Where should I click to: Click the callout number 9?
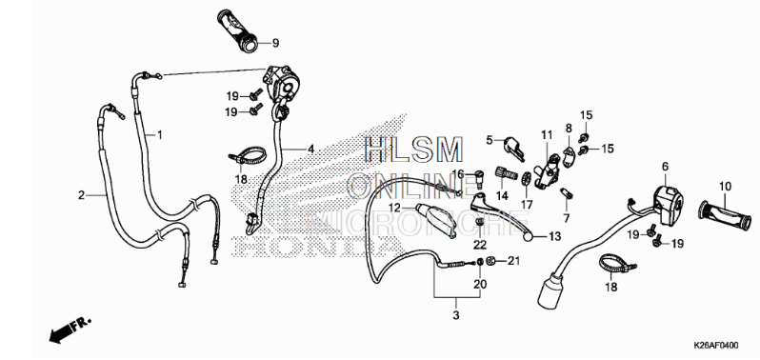[275, 43]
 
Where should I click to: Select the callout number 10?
[723, 185]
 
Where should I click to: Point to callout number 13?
[554, 237]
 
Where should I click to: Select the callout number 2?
[81, 194]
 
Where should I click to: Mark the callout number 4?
[310, 149]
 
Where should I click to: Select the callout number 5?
[490, 140]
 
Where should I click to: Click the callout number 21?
[513, 260]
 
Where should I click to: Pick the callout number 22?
[480, 245]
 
